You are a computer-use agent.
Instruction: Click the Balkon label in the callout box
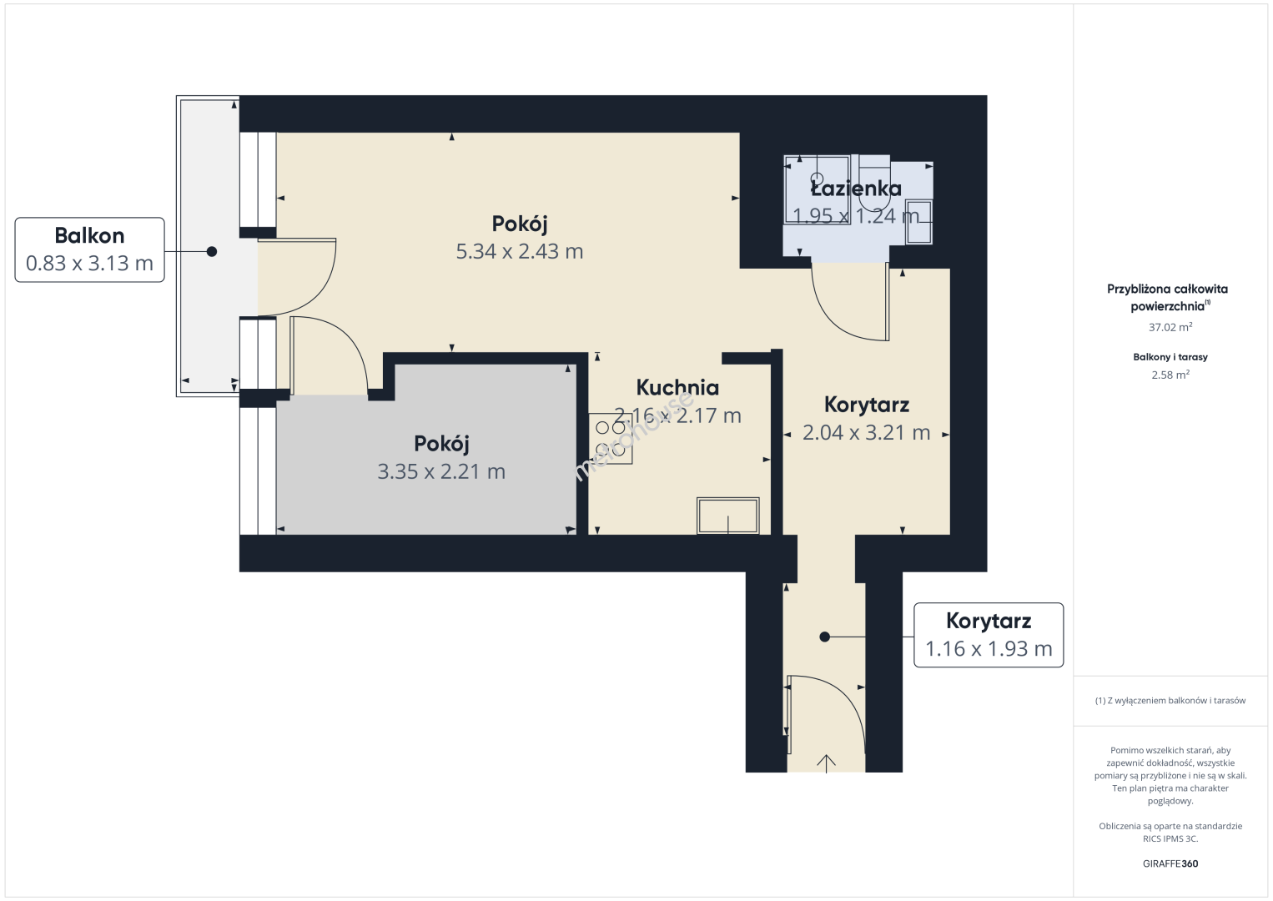point(89,235)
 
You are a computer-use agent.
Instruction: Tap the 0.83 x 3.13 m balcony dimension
point(89,263)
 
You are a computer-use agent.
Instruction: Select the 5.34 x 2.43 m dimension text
point(520,250)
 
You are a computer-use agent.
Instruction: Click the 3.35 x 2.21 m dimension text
point(441,471)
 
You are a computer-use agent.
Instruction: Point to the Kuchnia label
point(677,388)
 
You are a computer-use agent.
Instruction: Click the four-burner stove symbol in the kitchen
point(611,438)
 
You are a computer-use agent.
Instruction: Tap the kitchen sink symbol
point(728,516)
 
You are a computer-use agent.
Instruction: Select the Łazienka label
point(856,189)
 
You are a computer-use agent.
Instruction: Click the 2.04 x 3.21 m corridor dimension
point(866,433)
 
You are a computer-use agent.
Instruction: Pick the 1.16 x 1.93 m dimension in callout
point(989,648)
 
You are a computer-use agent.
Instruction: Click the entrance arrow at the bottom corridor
point(826,763)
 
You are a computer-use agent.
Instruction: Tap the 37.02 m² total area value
point(1170,327)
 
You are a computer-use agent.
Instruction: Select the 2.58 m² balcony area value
point(1170,375)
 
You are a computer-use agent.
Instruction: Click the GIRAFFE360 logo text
point(1170,863)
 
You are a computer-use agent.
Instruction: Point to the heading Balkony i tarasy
point(1170,357)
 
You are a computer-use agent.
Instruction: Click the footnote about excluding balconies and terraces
point(1170,700)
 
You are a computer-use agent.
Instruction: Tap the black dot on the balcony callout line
point(212,251)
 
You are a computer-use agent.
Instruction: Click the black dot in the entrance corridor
point(824,637)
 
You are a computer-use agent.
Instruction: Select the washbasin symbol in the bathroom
point(918,222)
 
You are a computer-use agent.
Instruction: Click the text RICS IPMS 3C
point(1170,838)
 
